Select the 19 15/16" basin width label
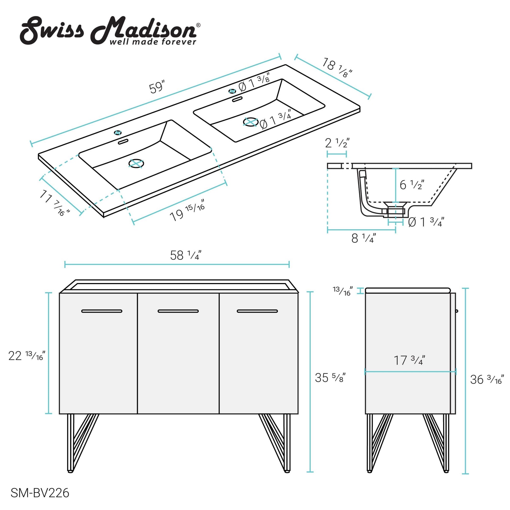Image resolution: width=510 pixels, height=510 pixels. pyautogui.click(x=187, y=213)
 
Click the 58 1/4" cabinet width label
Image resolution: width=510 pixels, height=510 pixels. pyautogui.click(x=186, y=255)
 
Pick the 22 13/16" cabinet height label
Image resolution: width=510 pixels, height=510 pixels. pyautogui.click(x=27, y=356)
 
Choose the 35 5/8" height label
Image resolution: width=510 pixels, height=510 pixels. pyautogui.click(x=330, y=377)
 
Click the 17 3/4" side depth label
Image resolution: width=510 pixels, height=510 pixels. pyautogui.click(x=409, y=360)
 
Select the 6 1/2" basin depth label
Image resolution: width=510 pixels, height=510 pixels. pyautogui.click(x=412, y=185)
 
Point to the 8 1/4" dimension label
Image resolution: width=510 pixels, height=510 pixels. pyautogui.click(x=363, y=238)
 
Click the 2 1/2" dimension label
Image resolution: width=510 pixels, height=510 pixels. pyautogui.click(x=337, y=143)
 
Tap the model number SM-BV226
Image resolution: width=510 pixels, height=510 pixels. pyautogui.click(x=40, y=493)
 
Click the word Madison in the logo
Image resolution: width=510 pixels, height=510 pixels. pyautogui.click(x=144, y=30)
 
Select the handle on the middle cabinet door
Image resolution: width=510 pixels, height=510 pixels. pyautogui.click(x=178, y=311)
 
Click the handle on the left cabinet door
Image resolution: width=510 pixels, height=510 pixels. pyautogui.click(x=102, y=311)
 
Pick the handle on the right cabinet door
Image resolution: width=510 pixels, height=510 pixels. pyautogui.click(x=257, y=311)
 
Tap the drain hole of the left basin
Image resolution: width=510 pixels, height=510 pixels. pyautogui.click(x=136, y=163)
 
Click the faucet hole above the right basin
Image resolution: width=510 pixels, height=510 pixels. pyautogui.click(x=232, y=91)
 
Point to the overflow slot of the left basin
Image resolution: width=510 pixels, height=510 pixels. pyautogui.click(x=123, y=142)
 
